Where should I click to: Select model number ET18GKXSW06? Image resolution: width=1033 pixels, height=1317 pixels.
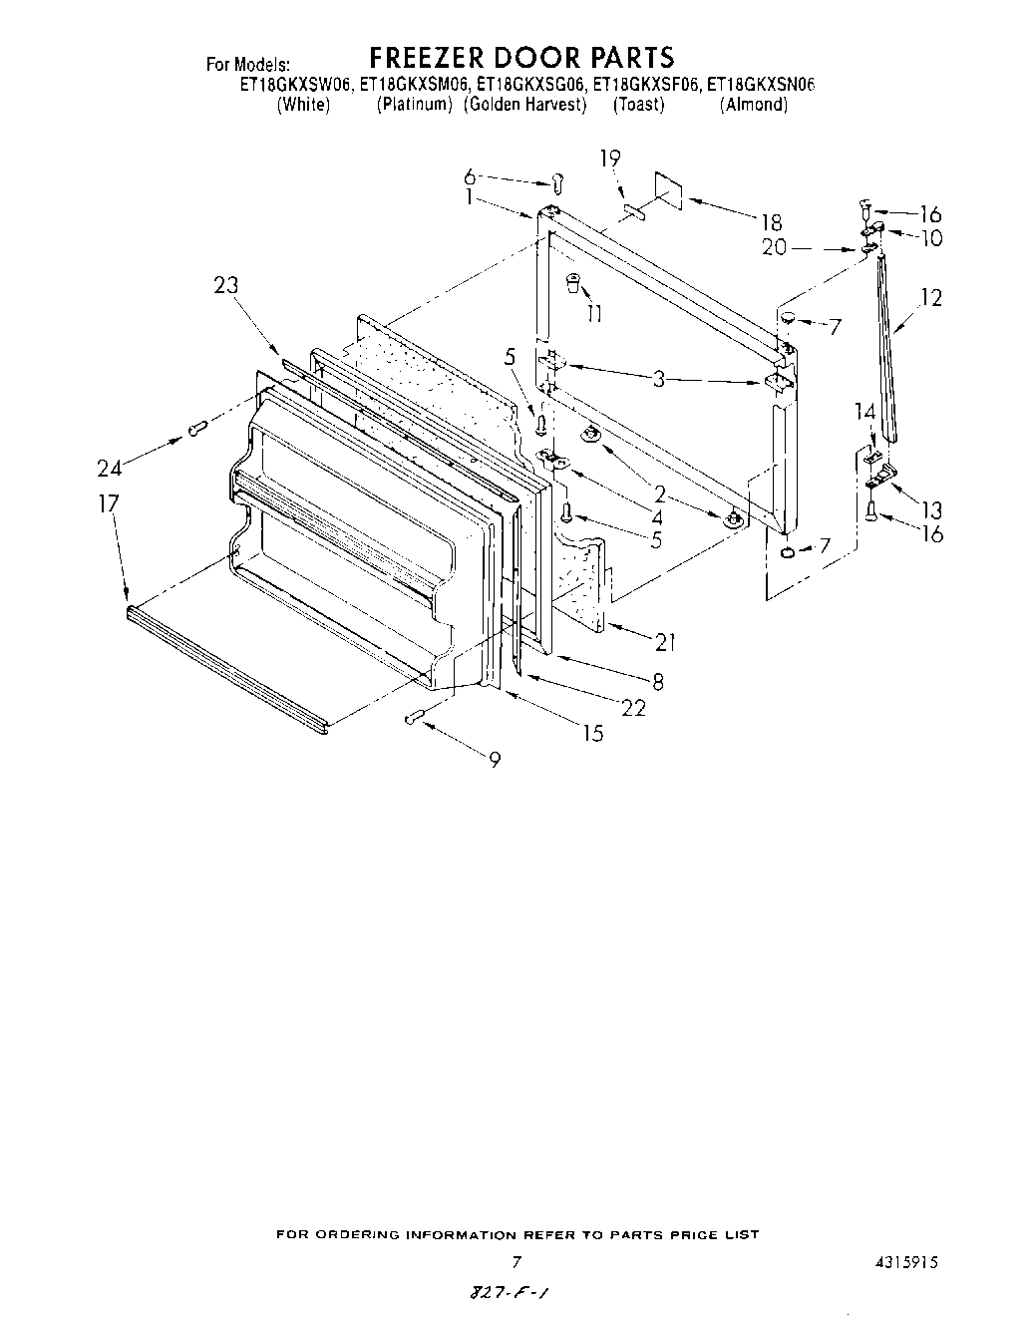pos(295,86)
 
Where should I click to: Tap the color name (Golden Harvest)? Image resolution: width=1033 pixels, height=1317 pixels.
pos(524,105)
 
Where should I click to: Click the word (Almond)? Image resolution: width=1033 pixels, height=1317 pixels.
pos(753,105)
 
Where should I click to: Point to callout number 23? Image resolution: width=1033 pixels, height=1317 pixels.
pos(226,285)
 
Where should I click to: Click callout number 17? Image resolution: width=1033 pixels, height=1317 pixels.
pos(108,504)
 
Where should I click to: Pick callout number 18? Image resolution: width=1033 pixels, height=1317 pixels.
pos(771,222)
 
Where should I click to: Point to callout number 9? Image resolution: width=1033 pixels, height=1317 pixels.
pos(495,760)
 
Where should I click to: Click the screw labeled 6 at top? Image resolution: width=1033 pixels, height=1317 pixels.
pos(558,182)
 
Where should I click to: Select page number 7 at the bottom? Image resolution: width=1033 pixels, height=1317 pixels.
pos(516,1261)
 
